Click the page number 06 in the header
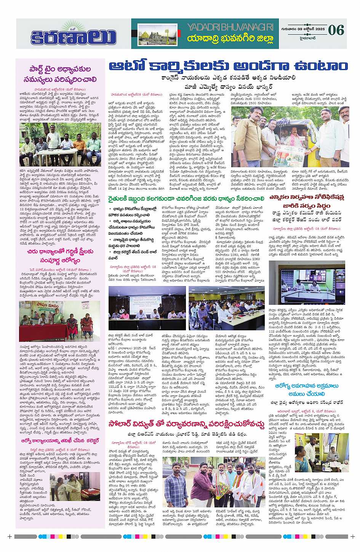(x=336, y=30)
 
